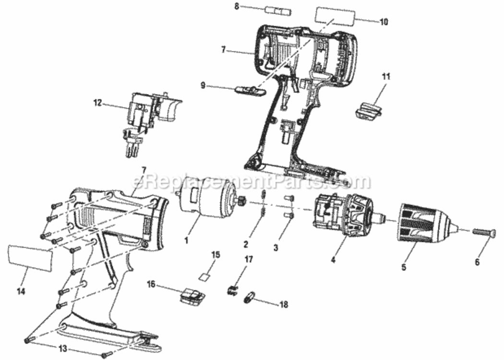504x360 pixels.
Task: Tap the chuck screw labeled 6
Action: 482,232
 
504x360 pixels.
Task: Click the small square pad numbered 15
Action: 205,277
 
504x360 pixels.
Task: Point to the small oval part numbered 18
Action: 249,297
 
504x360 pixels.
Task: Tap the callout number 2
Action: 246,244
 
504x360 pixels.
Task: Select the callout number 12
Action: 97,102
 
